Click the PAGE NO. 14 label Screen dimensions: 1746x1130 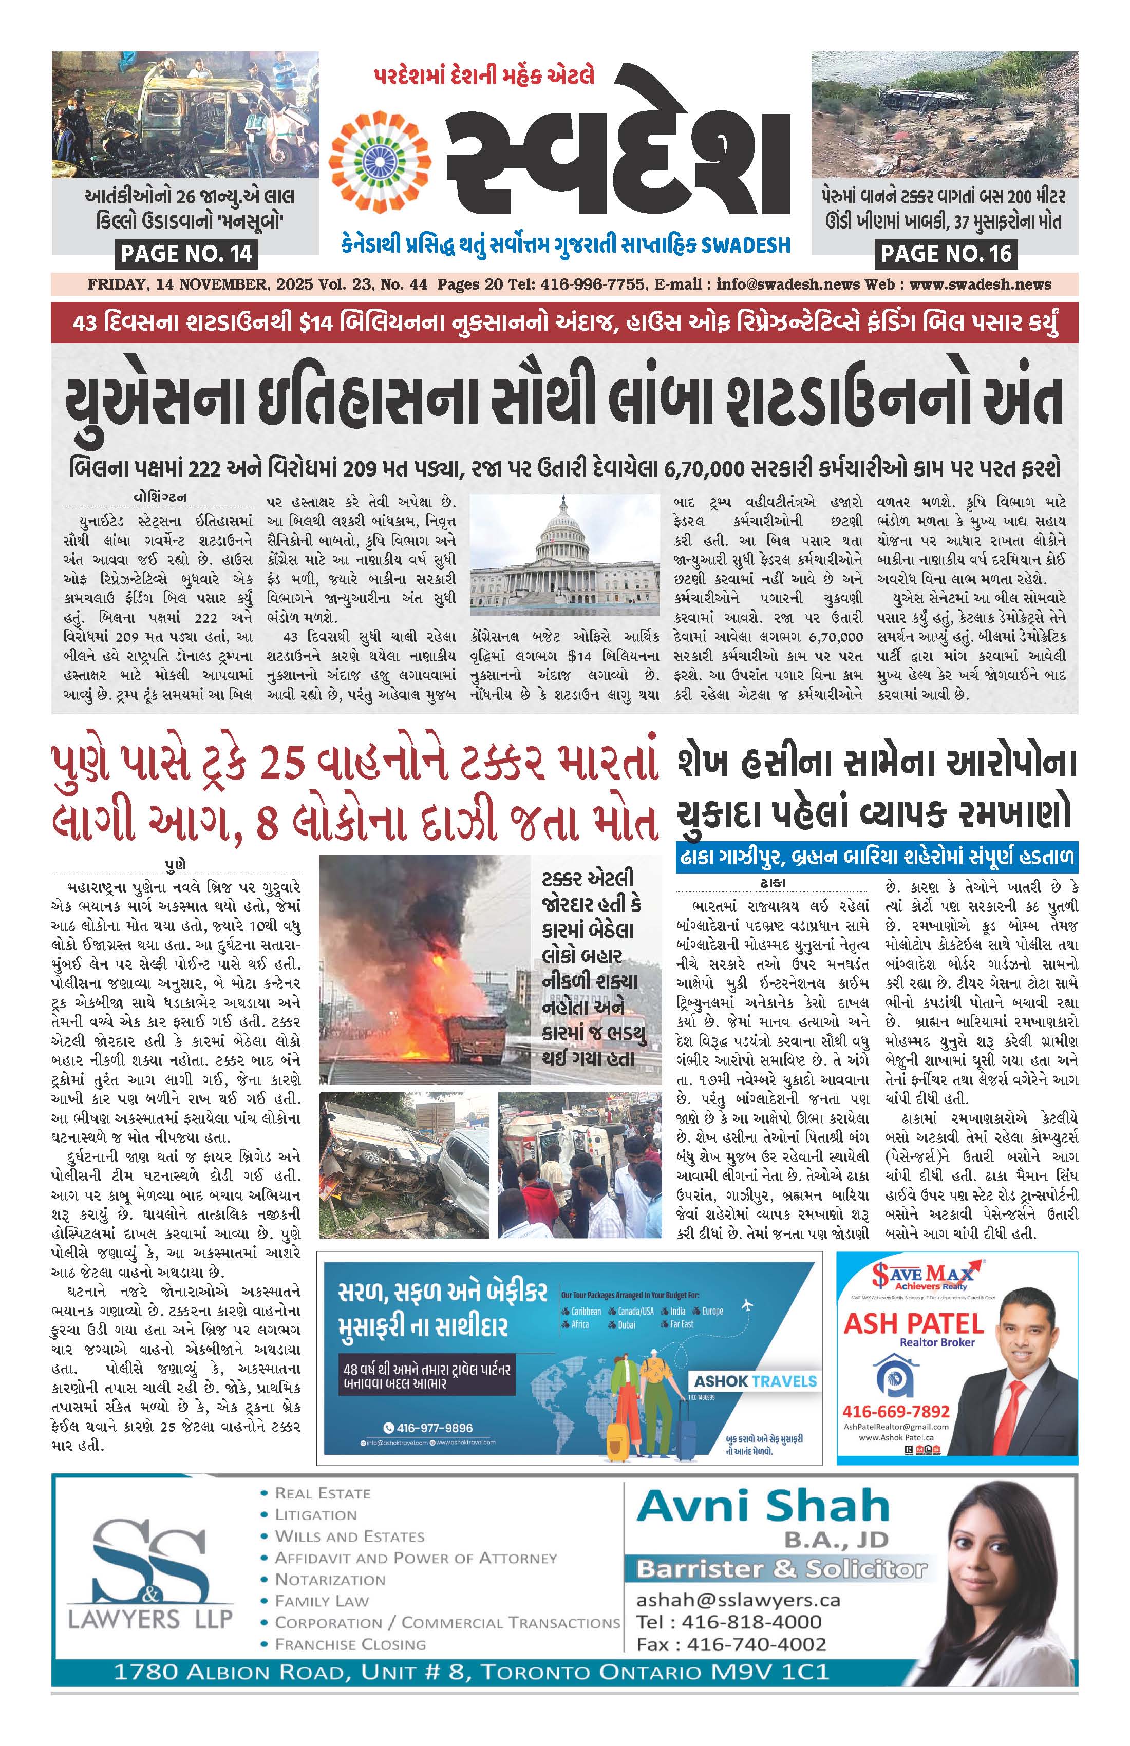point(186,254)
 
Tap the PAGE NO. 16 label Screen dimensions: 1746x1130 point(946,254)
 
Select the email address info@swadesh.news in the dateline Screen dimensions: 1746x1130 point(779,284)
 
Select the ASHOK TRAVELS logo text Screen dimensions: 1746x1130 point(755,1381)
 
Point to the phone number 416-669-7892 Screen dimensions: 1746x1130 point(895,1412)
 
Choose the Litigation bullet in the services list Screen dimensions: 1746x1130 point(315,1515)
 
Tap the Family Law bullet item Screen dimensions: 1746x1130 point(322,1601)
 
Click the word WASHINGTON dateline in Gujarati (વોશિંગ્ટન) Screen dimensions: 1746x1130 point(159,497)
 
